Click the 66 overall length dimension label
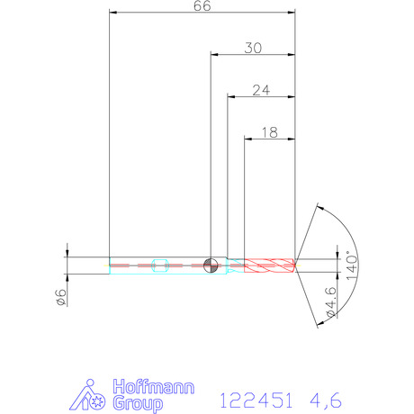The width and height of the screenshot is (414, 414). point(202,5)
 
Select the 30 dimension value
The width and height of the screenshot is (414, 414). point(253,48)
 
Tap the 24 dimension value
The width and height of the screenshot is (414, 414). point(261,90)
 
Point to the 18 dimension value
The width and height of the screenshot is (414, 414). point(270,132)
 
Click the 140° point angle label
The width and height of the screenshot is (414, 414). point(352,265)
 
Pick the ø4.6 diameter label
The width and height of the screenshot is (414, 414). point(331,302)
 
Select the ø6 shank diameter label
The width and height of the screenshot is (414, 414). point(61,297)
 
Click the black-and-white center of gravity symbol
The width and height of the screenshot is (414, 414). point(211,265)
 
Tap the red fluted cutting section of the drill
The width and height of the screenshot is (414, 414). point(269,265)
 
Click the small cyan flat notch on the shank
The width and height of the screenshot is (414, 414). point(160,265)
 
